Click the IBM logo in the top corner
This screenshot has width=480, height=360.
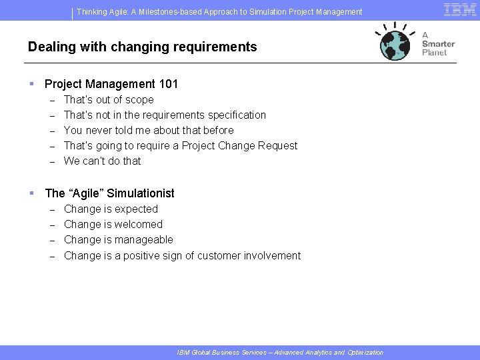click(x=460, y=9)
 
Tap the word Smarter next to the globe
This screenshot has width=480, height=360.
click(x=438, y=43)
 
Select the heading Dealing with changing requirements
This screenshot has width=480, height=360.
click(x=142, y=47)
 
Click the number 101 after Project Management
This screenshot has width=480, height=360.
click(x=169, y=84)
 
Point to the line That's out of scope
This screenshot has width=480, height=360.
click(x=109, y=100)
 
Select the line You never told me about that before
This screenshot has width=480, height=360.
click(x=149, y=131)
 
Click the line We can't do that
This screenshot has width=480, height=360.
click(x=103, y=161)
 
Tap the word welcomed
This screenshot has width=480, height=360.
click(x=138, y=225)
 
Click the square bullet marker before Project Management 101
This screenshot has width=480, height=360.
click(x=31, y=84)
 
